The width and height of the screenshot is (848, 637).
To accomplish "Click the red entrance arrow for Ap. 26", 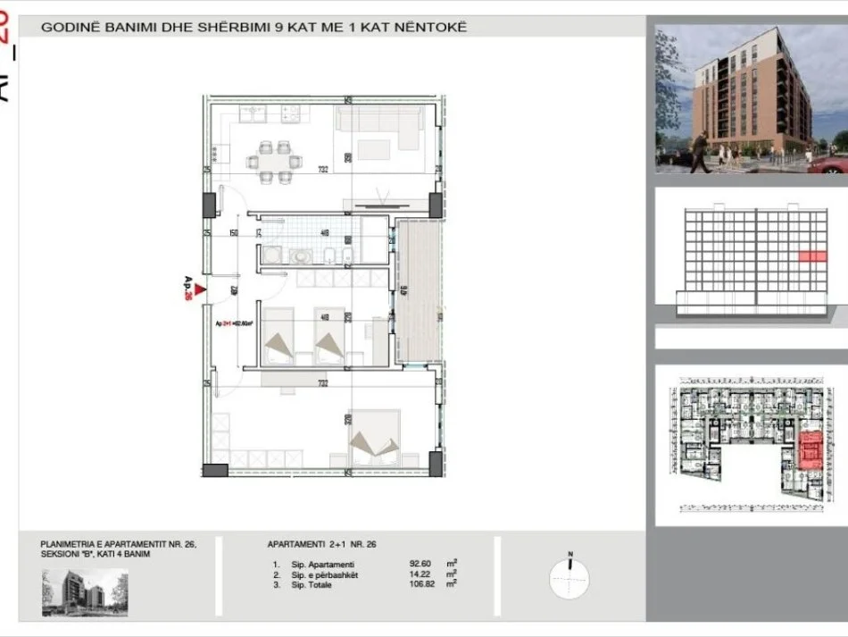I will (200, 288).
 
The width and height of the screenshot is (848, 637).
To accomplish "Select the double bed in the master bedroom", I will (374, 438).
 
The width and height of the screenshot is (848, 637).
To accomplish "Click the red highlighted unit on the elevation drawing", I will (811, 256).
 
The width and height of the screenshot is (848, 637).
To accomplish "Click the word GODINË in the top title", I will (68, 28).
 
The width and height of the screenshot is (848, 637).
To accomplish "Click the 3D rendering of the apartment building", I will (751, 98).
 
